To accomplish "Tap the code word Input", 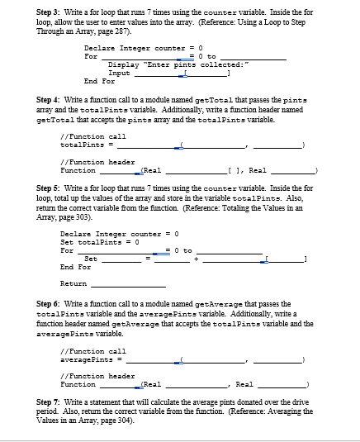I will tap(119, 73).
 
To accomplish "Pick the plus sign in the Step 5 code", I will tap(197, 259).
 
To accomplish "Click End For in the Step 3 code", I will tap(99, 81).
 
